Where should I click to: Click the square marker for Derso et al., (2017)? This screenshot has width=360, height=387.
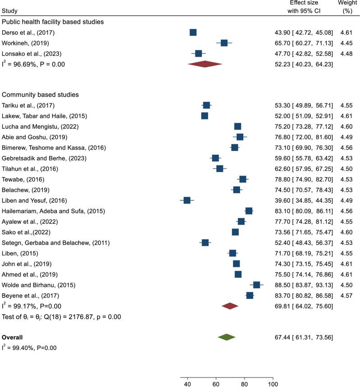pyautogui.click(x=193, y=32)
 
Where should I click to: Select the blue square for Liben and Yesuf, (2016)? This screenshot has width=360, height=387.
pyautogui.click(x=187, y=200)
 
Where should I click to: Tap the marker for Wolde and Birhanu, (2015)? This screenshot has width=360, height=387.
pyautogui.click(x=257, y=284)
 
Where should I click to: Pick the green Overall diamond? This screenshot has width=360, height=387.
pyautogui.click(x=226, y=337)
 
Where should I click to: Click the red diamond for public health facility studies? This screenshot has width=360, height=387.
pyautogui.click(x=205, y=64)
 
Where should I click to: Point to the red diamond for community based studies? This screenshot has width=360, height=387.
pyautogui.click(x=230, y=306)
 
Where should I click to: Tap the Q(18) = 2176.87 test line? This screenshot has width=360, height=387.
pyautogui.click(x=61, y=317)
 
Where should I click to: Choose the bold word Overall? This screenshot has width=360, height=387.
pyautogui.click(x=12, y=337)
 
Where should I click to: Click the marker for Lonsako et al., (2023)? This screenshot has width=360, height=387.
pyautogui.click(x=198, y=53)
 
